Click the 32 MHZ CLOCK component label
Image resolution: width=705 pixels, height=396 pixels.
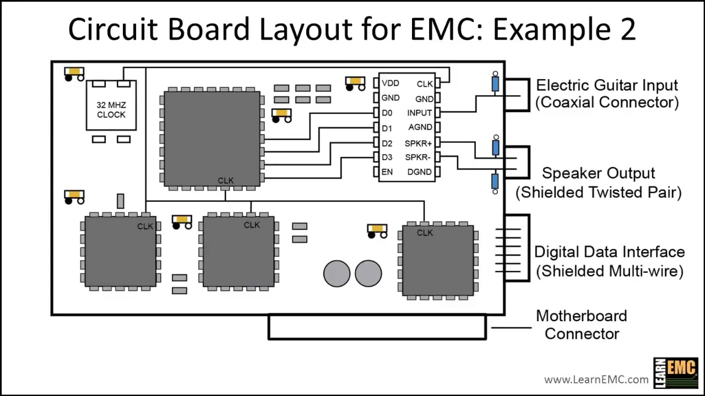click(x=111, y=109)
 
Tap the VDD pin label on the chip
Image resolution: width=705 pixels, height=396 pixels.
click(x=391, y=83)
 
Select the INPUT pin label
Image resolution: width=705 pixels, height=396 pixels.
click(x=419, y=113)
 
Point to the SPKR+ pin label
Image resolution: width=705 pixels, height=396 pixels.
click(x=418, y=143)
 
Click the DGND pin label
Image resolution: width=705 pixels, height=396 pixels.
click(x=419, y=172)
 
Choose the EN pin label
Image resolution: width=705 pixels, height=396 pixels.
click(x=387, y=172)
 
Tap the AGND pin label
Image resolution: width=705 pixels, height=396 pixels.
click(x=420, y=127)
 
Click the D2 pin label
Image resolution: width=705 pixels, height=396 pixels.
click(x=387, y=143)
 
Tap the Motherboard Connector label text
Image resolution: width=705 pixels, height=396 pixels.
click(x=582, y=324)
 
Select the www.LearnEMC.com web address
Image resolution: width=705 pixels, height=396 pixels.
click(x=596, y=379)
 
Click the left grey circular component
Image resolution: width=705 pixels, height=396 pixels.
click(x=337, y=273)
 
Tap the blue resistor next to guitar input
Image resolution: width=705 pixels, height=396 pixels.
click(x=495, y=84)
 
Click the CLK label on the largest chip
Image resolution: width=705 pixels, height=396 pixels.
click(x=226, y=180)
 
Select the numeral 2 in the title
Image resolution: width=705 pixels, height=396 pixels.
click(x=627, y=30)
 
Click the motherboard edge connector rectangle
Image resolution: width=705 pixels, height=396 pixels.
click(x=377, y=327)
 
